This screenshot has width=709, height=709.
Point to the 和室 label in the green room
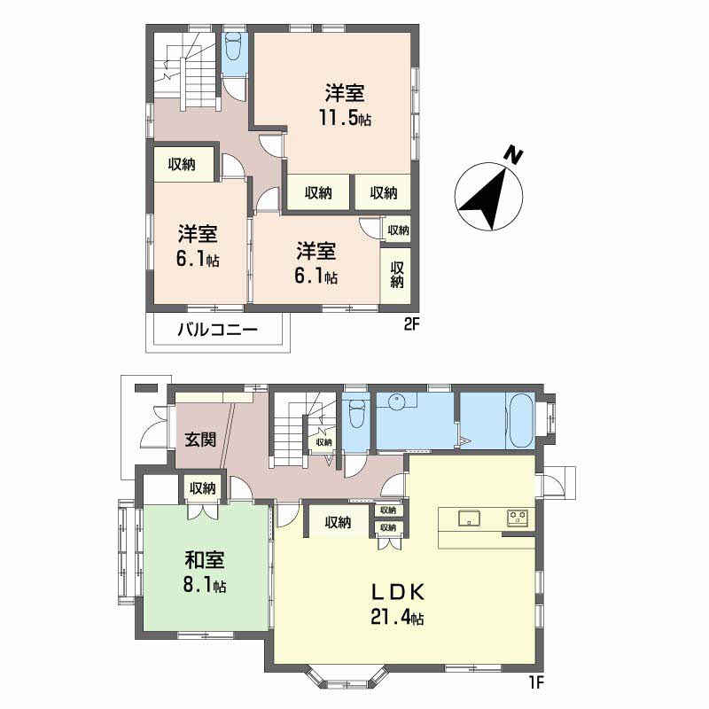pos(204,560)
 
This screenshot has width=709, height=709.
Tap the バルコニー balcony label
pos(217,331)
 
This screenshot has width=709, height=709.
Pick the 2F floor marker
pos(410,324)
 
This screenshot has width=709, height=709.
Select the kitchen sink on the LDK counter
pos(467,518)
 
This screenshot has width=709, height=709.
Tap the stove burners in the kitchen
pos(518,518)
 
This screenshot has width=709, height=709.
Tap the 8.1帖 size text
pos(205,586)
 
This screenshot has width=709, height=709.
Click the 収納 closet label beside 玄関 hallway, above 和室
pos(202,487)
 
